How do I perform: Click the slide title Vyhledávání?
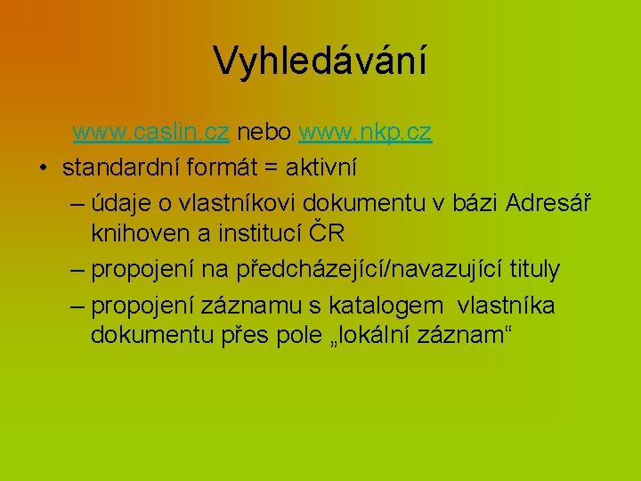(x=320, y=61)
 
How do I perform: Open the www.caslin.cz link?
(x=151, y=133)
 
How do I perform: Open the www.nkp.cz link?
(x=365, y=133)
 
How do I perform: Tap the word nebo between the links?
(x=264, y=133)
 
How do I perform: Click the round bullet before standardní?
(x=42, y=167)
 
